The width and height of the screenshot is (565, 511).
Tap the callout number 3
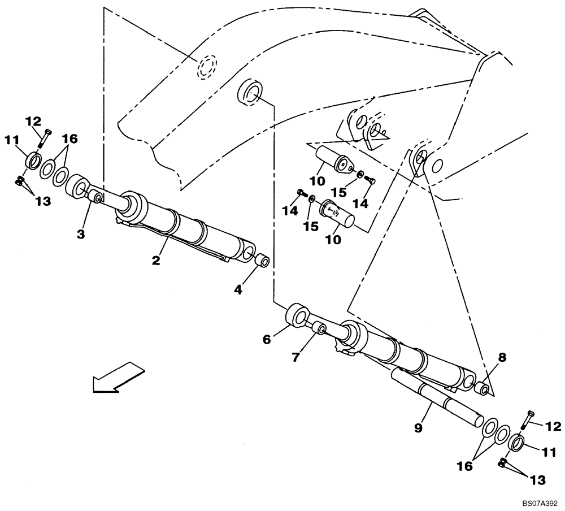(81, 233)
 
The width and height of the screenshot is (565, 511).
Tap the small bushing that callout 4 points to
(260, 262)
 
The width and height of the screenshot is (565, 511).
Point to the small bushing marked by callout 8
(482, 389)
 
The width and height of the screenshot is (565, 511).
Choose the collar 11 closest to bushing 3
(33, 161)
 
